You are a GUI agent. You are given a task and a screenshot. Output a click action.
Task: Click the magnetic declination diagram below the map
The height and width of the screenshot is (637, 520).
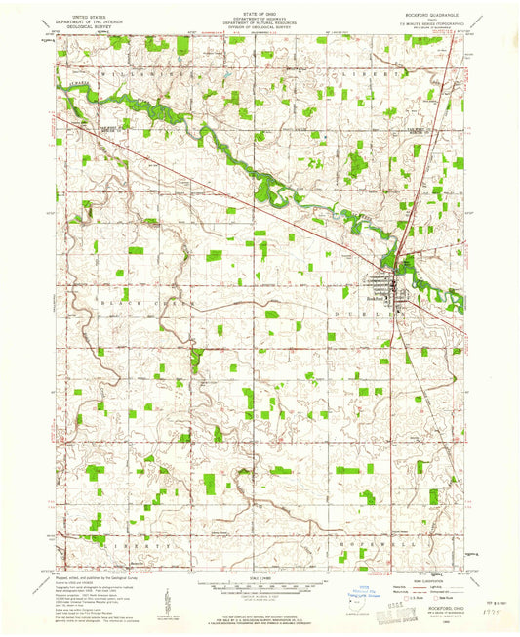coord(168,597)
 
